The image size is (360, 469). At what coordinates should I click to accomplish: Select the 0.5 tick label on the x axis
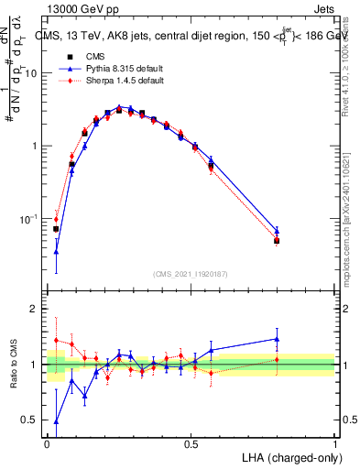coord(191,444)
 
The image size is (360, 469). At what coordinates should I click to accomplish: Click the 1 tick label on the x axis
coord(334,444)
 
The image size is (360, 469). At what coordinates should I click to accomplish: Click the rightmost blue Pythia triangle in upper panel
coord(277,231)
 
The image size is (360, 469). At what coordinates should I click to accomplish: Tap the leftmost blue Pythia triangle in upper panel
coord(56,252)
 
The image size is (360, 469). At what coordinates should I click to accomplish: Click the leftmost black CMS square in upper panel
coord(56,229)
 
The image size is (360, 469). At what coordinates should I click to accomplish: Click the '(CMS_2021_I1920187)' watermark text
coord(191,273)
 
